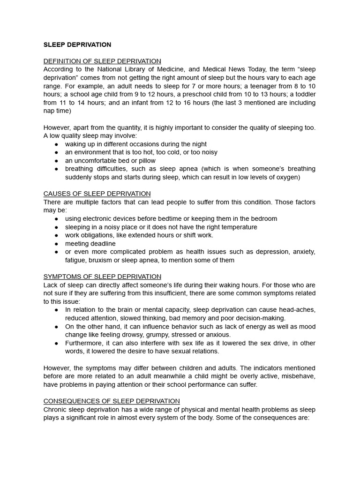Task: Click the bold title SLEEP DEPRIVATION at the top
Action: (77, 45)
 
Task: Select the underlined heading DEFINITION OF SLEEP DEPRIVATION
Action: (102, 61)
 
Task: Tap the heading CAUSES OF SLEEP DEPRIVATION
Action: (97, 194)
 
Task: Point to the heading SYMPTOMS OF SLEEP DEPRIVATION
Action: (102, 277)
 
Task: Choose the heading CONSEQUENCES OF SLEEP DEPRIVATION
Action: (112, 401)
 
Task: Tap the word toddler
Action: (304, 94)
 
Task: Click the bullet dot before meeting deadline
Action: (56, 244)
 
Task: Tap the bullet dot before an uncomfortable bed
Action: (56, 160)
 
